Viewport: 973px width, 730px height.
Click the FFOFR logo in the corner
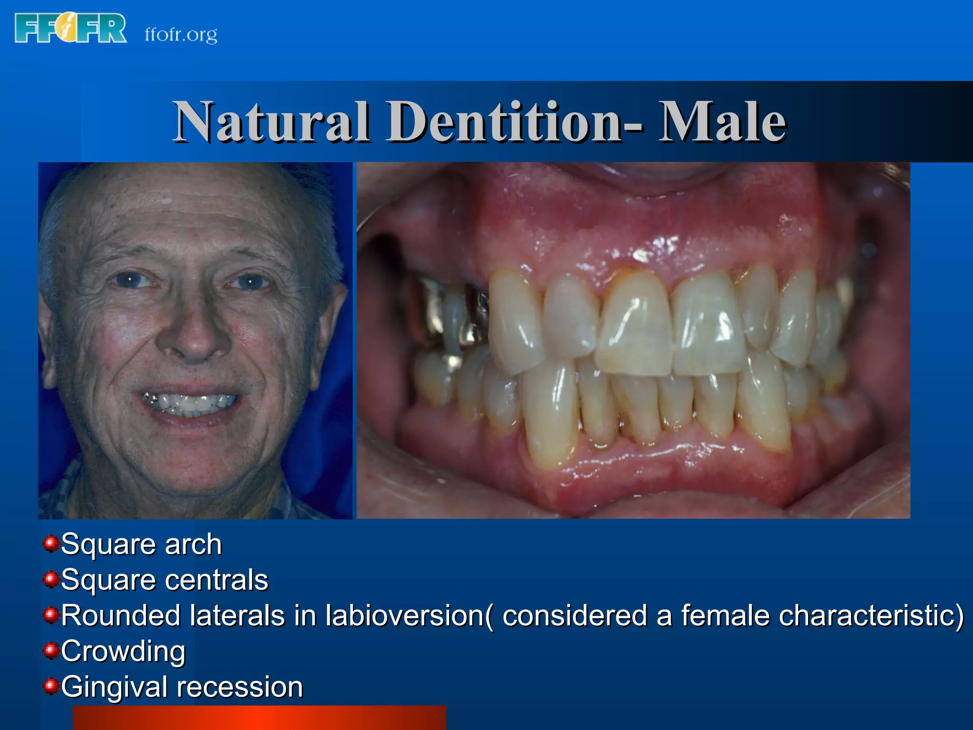click(70, 29)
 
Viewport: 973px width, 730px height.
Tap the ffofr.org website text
click(181, 35)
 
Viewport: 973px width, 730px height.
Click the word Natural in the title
click(271, 122)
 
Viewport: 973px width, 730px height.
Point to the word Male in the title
click(722, 122)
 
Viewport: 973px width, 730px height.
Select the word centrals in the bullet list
click(216, 580)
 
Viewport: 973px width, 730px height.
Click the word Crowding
click(123, 652)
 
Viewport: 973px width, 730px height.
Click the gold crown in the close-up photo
click(430, 311)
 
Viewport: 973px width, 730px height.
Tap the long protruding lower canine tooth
click(549, 418)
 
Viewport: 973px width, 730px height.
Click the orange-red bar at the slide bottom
click(259, 718)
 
